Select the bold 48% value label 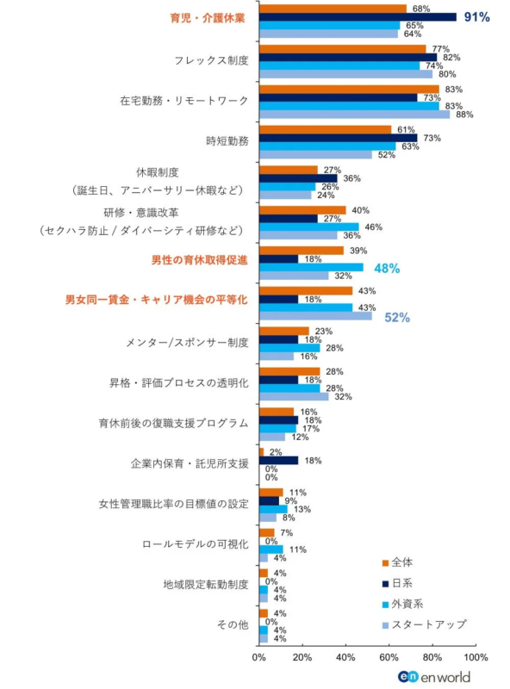pos(387,268)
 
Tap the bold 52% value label pos(396,317)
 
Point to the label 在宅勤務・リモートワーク pos(184,101)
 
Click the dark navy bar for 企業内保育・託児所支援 pos(279,460)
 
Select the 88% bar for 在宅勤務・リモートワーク pos(354,114)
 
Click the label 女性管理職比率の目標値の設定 pos(173,504)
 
